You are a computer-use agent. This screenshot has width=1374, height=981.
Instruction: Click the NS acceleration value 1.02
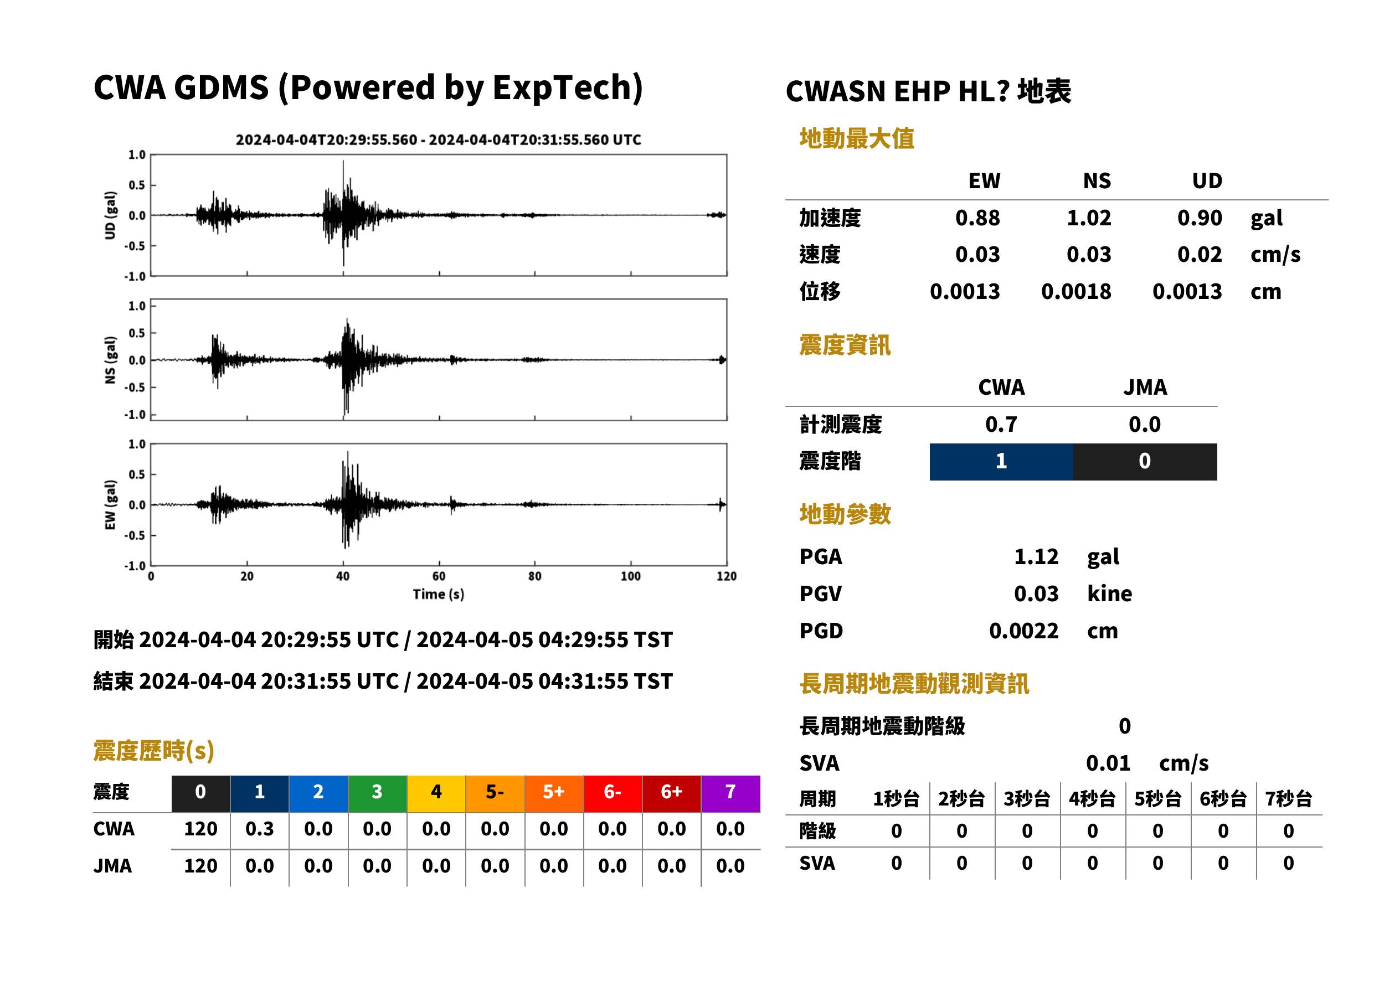pos(1088,218)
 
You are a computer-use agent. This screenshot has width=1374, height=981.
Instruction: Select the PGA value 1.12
pos(1036,556)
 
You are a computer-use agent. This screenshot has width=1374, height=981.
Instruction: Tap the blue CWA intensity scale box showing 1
pos(1001,462)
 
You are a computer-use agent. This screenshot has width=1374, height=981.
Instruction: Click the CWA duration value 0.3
pos(259,829)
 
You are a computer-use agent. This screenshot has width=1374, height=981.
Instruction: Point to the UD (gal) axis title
pos(110,215)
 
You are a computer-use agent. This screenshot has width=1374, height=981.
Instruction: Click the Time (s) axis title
pos(439,595)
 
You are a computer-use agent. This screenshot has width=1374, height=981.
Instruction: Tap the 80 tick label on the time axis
pos(535,576)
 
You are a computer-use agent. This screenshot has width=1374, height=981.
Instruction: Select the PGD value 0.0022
pos(1023,631)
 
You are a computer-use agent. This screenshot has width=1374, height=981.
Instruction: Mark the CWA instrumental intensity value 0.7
pos(1001,424)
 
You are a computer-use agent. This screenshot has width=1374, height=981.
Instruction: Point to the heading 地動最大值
pos(857,138)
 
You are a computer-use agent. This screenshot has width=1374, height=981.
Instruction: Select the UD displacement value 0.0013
pos(1187,291)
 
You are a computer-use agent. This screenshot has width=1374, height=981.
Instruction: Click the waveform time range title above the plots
pos(438,140)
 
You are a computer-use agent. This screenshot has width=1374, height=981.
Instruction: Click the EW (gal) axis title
pos(110,505)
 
